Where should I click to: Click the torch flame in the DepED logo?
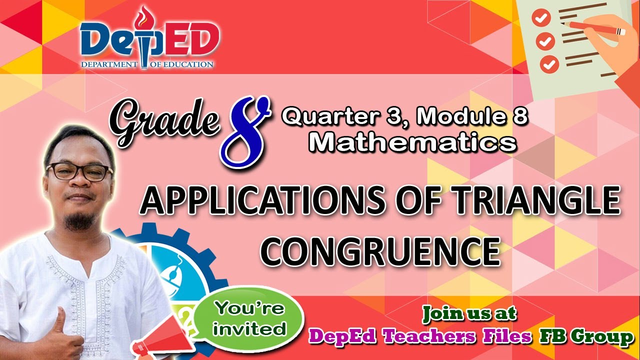tap(144, 15)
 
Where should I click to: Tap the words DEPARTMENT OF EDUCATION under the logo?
tap(147, 64)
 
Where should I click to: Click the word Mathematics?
tap(412, 143)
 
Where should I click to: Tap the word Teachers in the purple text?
tap(432, 337)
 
